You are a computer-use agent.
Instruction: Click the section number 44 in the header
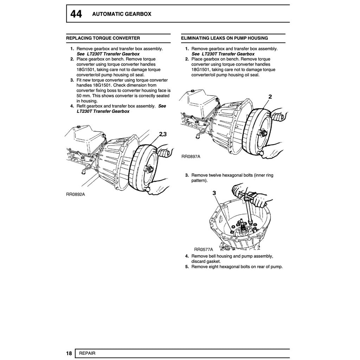[x=76, y=14]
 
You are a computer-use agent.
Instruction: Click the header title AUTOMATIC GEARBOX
[x=122, y=14]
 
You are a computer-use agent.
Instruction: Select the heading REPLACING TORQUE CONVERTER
[x=103, y=38]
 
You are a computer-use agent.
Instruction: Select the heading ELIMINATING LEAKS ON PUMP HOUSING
[x=224, y=38]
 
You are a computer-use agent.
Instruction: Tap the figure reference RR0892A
[x=75, y=194]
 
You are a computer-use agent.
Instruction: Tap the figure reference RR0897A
[x=191, y=156]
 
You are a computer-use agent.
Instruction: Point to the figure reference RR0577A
[x=204, y=250]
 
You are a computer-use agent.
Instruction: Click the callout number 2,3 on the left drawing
[x=163, y=134]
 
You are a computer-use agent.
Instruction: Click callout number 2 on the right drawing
[x=270, y=97]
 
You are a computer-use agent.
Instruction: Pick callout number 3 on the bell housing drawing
[x=214, y=193]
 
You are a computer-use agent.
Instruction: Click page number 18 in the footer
[x=69, y=353]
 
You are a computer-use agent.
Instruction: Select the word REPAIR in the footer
[x=87, y=353]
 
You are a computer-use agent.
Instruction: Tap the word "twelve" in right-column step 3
[x=215, y=175]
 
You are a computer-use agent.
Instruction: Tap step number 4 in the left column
[x=72, y=106]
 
